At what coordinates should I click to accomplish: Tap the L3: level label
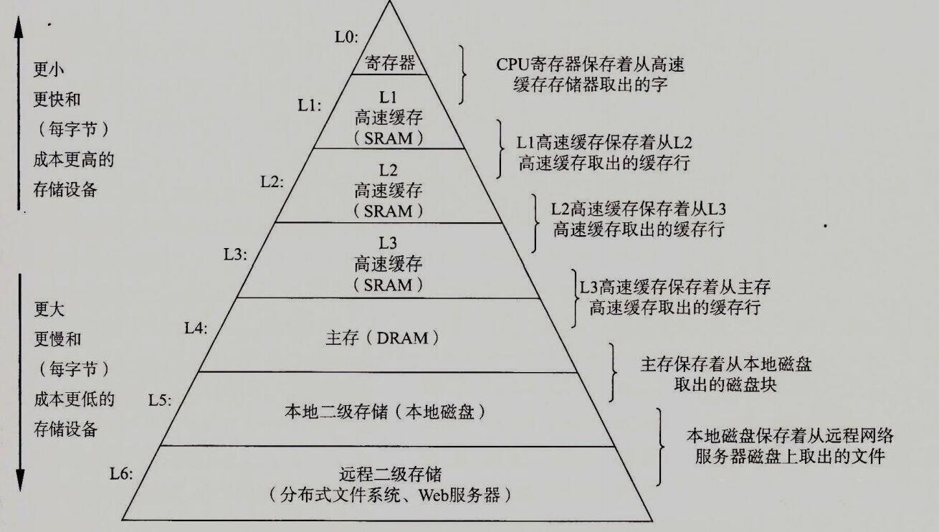tap(235, 254)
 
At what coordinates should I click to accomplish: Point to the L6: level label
tap(122, 473)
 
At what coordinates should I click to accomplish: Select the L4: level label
tap(196, 328)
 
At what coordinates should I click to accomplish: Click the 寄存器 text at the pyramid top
tap(390, 63)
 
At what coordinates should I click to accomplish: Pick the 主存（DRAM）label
tap(387, 338)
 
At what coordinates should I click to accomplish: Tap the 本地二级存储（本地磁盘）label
tap(386, 412)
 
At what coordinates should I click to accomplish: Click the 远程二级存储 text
tap(390, 474)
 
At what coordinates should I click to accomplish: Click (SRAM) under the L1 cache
tap(389, 138)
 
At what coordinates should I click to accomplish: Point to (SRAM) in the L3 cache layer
tap(389, 285)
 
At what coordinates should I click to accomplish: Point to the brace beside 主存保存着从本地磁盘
tap(614, 372)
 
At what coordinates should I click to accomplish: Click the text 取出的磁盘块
tap(725, 384)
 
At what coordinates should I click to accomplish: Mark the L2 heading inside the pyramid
tap(389, 170)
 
